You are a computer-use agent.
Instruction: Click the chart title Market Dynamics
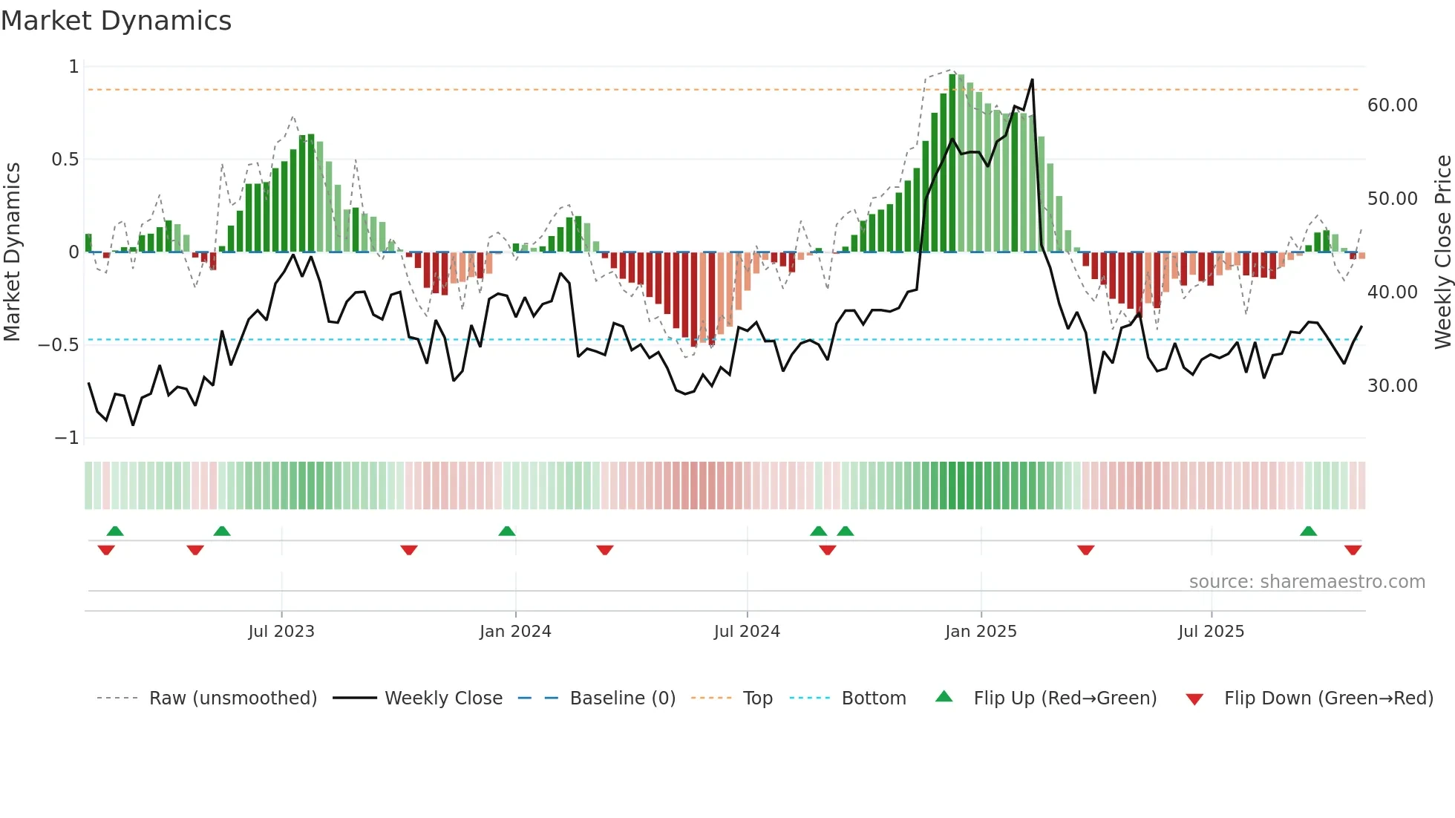pos(116,21)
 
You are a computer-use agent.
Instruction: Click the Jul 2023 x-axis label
pos(281,632)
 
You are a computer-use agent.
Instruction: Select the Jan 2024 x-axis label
pos(515,632)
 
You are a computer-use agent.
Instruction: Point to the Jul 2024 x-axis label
pos(747,632)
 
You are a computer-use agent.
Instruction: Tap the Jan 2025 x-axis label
pos(981,632)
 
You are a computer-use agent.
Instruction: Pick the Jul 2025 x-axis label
pos(1211,632)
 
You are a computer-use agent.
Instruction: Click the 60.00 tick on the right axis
pos(1392,105)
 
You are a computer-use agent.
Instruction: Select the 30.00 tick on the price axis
pos(1392,386)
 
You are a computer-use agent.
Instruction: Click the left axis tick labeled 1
pos(73,67)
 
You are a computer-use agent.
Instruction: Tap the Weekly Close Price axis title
pos(1442,252)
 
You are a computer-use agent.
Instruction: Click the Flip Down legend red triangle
pos(1194,699)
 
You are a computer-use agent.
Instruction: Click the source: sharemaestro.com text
pos(1307,582)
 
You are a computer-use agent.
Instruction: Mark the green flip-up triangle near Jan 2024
pos(507,531)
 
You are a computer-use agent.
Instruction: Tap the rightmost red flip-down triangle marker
pos(1353,550)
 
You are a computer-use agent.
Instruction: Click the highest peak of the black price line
pos(1032,80)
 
